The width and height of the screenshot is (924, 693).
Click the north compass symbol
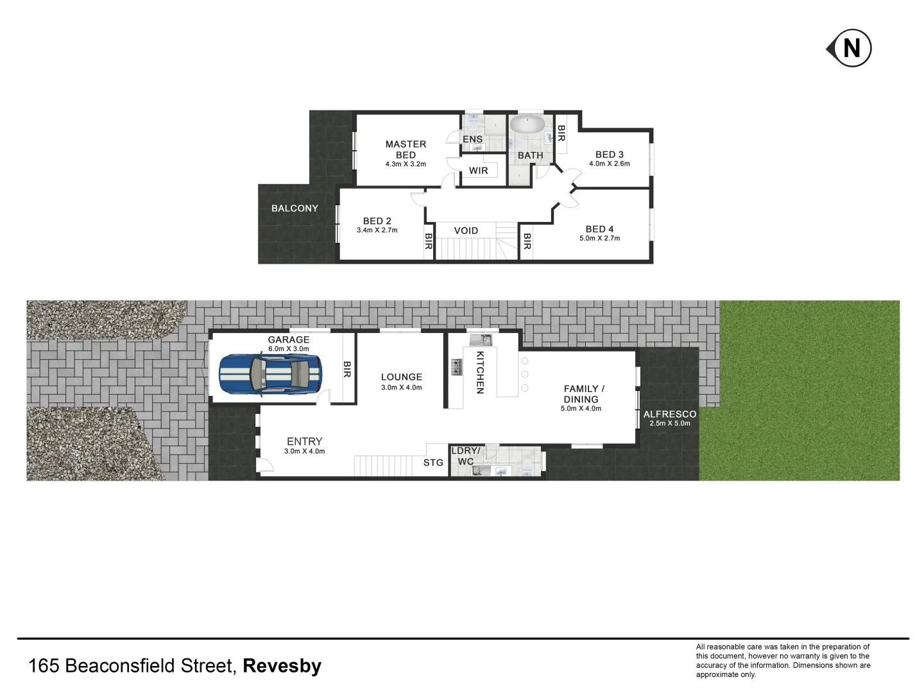click(850, 48)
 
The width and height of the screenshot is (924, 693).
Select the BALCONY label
click(295, 209)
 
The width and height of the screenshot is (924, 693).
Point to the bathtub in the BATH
click(527, 124)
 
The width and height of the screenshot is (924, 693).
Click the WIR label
click(479, 171)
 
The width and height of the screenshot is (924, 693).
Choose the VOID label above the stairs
click(466, 231)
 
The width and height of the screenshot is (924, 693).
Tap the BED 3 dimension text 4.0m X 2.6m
click(610, 164)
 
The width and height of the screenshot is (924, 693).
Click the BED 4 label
click(599, 229)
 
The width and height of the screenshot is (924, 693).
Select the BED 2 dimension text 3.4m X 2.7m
click(377, 230)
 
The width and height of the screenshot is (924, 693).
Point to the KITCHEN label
click(479, 372)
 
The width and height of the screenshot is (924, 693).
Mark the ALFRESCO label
click(670, 415)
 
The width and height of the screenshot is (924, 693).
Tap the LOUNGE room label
click(402, 377)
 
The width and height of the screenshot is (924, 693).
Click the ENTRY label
click(304, 441)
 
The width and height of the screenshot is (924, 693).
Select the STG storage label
click(433, 462)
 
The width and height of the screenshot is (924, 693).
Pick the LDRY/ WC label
click(466, 456)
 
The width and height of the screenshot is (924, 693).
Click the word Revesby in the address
click(282, 666)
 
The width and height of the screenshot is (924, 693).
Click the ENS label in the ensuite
click(472, 139)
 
